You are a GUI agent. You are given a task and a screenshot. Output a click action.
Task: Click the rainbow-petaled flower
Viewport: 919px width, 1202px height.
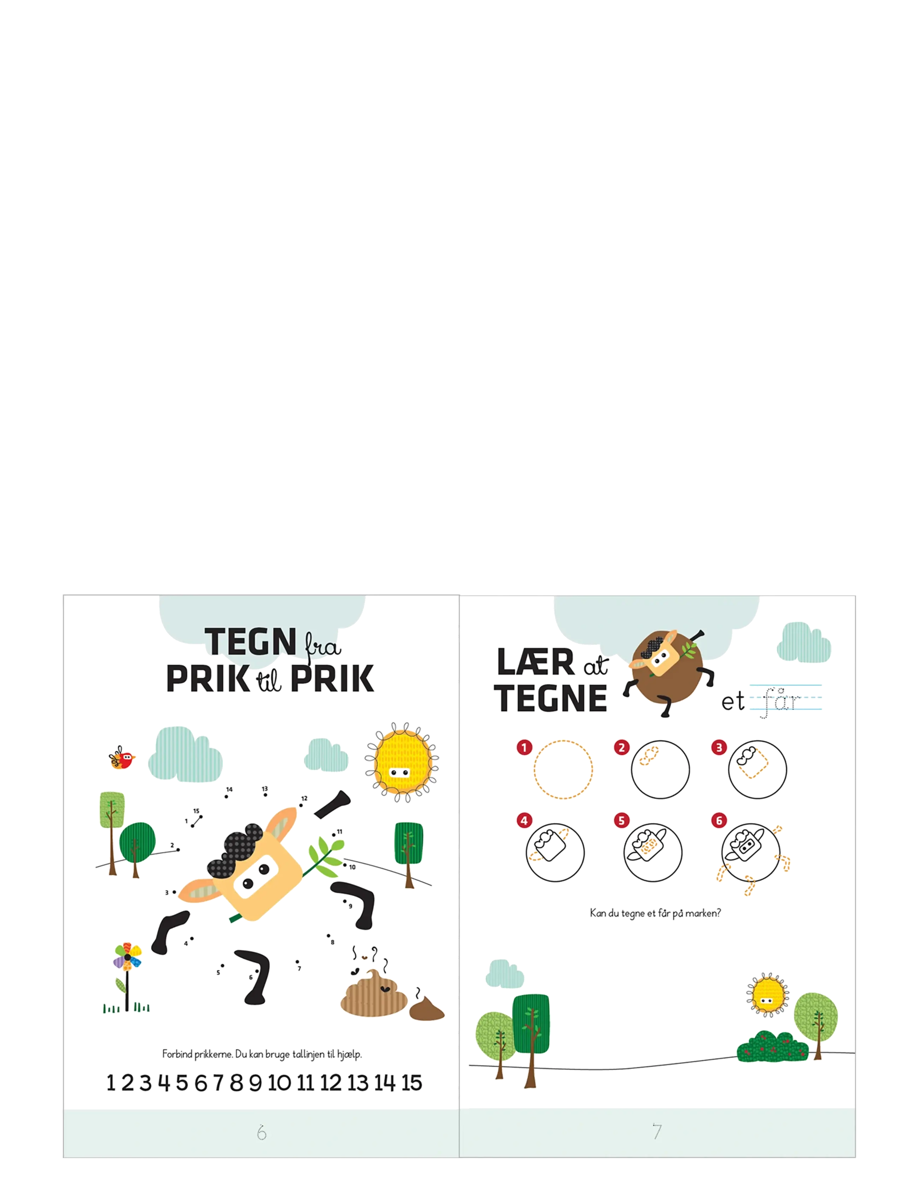(x=128, y=957)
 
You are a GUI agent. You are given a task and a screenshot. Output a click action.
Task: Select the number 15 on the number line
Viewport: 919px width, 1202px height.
(x=411, y=1083)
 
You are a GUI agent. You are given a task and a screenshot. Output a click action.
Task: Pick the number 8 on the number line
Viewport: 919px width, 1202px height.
(x=236, y=1083)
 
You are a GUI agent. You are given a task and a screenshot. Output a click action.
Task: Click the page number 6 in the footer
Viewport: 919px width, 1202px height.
(x=262, y=1132)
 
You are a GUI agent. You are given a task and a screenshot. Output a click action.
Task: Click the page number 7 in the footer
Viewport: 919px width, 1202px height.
(x=657, y=1131)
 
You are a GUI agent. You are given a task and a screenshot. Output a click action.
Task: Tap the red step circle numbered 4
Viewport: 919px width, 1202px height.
(x=524, y=820)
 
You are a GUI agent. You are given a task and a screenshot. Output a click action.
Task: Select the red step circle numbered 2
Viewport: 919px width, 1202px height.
(x=621, y=747)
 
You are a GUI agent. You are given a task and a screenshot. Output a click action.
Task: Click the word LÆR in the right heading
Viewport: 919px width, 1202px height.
(x=535, y=662)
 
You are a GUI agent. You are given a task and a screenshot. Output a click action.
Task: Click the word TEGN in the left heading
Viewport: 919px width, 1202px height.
(x=251, y=641)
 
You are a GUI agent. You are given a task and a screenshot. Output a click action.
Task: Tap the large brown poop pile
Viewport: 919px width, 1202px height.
(x=375, y=993)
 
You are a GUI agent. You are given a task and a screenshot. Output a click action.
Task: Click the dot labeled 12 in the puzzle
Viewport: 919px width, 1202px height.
(x=301, y=805)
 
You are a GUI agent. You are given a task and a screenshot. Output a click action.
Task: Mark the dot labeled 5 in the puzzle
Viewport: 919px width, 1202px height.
(x=222, y=965)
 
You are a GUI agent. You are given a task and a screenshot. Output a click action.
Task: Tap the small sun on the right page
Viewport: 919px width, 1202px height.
(x=767, y=993)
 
